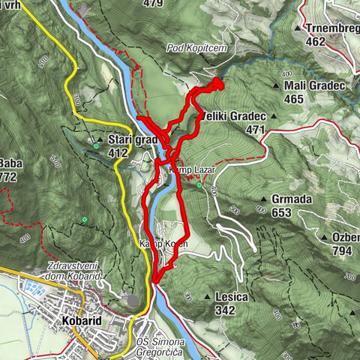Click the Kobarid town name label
point(79,320)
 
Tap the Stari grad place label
point(132,139)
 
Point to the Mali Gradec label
point(314,85)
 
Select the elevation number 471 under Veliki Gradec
point(255,130)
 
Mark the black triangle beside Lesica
point(206,297)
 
